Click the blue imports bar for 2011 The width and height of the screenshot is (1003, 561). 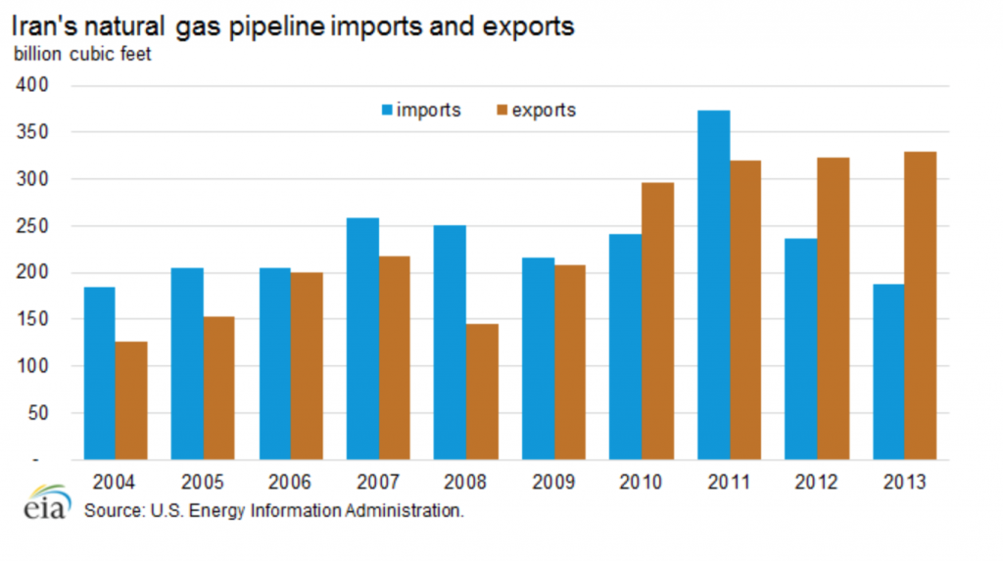point(713,285)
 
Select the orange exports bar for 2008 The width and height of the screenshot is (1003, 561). point(482,392)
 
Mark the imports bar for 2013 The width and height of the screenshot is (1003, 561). point(888,372)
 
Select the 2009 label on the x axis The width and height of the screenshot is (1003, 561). point(553,482)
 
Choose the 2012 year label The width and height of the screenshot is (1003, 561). point(817,482)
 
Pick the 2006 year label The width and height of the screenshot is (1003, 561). point(291,482)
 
